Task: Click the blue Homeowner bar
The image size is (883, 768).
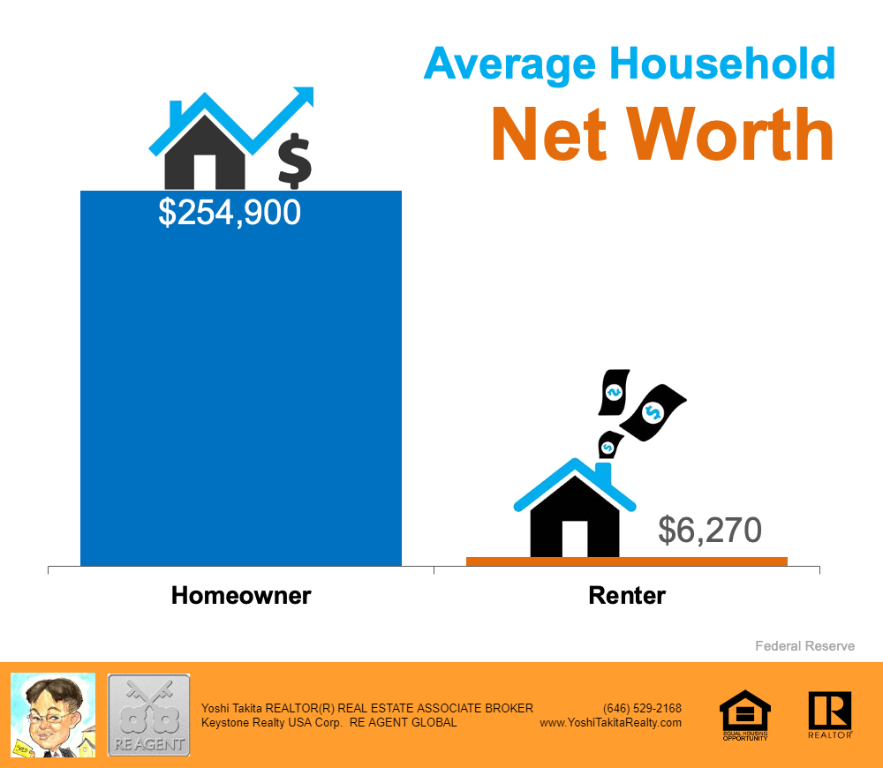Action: click(241, 379)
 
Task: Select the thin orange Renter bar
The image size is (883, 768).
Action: click(627, 561)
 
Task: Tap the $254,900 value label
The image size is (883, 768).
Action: click(230, 213)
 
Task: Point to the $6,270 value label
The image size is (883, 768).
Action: click(710, 530)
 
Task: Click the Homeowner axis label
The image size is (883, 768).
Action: click(241, 595)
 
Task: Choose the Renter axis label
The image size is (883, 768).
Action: click(627, 595)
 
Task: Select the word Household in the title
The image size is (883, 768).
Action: click(722, 63)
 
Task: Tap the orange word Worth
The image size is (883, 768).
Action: click(730, 134)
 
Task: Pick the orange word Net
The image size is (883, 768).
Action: click(549, 134)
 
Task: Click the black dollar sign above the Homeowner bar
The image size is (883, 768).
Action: click(295, 161)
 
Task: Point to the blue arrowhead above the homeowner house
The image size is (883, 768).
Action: click(304, 95)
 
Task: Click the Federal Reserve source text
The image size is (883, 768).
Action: click(804, 646)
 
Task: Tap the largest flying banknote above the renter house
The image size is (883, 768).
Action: click(653, 412)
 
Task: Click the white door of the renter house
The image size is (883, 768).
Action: click(575, 538)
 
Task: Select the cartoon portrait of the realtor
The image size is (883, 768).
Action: click(53, 714)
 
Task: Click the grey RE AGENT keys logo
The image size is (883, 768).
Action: click(148, 715)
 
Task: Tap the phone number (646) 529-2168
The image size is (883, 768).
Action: click(642, 708)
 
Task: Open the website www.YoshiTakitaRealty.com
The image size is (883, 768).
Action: click(610, 722)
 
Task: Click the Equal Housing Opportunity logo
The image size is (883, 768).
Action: click(745, 714)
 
